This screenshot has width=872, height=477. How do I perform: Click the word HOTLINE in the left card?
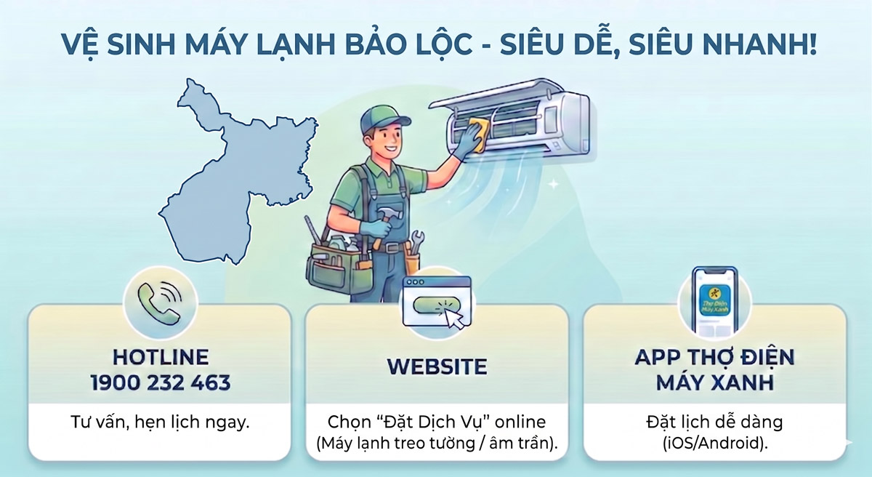(x=161, y=357)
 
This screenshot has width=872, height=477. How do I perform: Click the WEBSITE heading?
(x=437, y=366)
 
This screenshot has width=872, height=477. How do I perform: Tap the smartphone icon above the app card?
(x=714, y=302)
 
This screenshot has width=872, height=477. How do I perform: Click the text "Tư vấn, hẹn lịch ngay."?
(x=161, y=422)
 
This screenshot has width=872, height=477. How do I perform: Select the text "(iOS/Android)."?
(x=714, y=443)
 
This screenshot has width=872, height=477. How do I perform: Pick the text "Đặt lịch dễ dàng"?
(x=714, y=422)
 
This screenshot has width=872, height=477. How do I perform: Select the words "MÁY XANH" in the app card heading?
(x=714, y=382)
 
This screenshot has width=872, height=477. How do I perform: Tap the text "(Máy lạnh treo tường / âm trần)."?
(x=437, y=443)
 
